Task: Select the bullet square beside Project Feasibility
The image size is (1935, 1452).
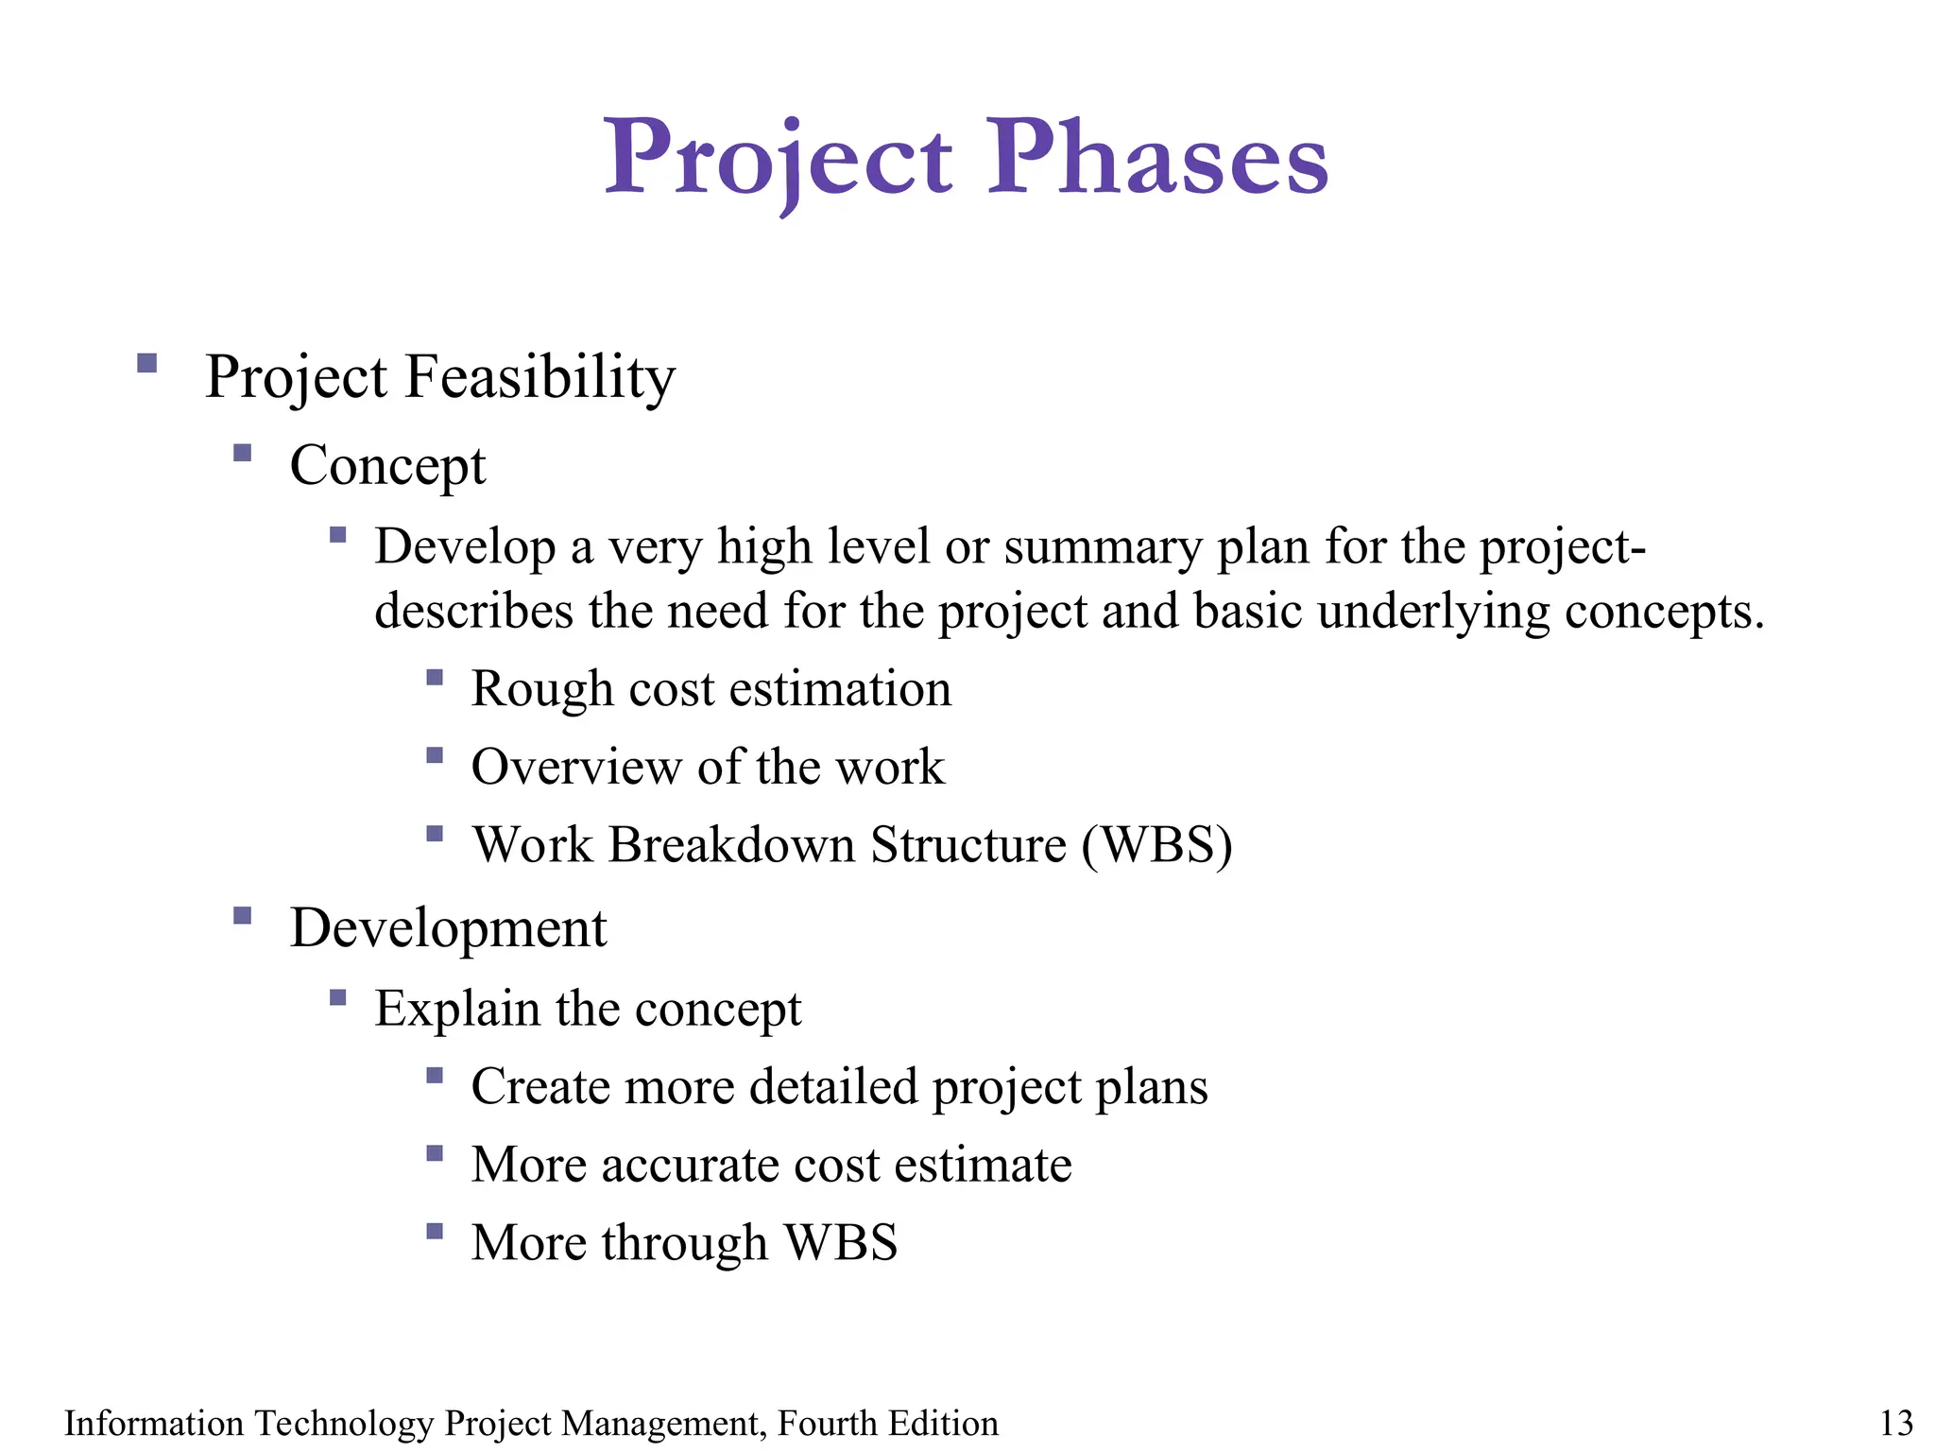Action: (146, 363)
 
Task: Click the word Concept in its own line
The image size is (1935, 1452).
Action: (387, 466)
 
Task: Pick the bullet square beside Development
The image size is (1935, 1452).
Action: (242, 915)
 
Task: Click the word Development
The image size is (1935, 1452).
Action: (448, 927)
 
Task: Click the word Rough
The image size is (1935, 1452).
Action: (542, 689)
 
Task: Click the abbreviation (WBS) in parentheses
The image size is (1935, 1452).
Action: (1156, 844)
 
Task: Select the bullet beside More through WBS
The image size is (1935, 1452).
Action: (435, 1231)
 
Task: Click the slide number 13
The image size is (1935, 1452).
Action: (1895, 1423)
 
